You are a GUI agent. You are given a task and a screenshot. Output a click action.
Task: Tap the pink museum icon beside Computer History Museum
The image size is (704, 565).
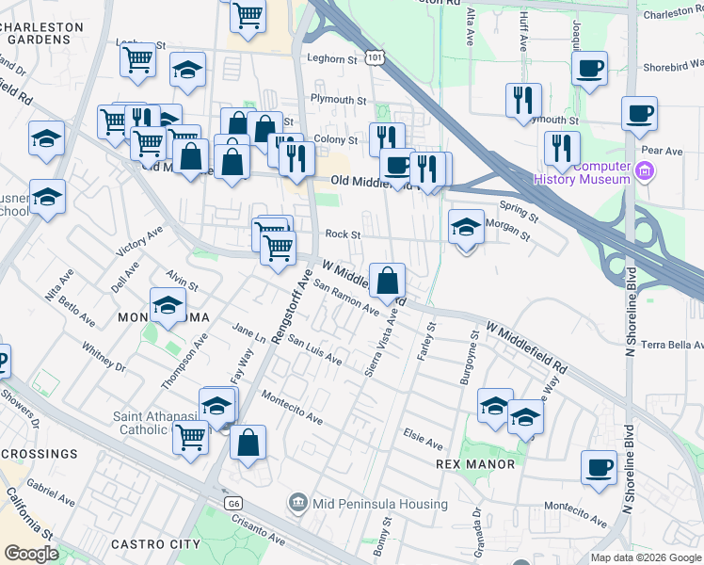(x=645, y=171)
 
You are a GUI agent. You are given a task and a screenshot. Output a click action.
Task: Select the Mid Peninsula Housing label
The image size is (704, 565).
(x=371, y=503)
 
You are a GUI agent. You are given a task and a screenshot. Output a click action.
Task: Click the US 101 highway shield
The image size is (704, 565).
(x=376, y=58)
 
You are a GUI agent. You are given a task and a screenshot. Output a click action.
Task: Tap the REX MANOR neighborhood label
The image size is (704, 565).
(x=475, y=464)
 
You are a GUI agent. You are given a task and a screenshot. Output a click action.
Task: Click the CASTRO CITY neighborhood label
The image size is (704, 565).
(x=155, y=544)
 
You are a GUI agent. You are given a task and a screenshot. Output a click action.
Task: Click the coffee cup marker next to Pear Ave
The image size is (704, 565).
(x=639, y=114)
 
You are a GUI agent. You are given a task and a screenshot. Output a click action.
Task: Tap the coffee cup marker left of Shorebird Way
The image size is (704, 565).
(x=589, y=68)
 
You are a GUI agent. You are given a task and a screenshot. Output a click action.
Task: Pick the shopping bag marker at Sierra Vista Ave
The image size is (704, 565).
(x=387, y=280)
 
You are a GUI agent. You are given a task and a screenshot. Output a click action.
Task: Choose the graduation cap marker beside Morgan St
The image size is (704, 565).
(x=465, y=227)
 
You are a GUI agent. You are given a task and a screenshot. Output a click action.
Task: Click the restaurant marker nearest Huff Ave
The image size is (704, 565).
(x=523, y=100)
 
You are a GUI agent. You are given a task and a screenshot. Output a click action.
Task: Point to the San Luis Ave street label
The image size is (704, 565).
(x=314, y=349)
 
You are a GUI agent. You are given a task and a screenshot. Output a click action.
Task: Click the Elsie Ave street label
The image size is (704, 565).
(x=423, y=440)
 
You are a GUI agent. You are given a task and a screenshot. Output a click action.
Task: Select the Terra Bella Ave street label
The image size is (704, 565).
(x=671, y=345)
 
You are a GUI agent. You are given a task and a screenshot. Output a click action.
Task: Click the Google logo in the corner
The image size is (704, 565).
(x=31, y=553)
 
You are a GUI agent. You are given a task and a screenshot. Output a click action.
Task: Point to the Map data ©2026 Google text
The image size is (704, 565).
(x=645, y=557)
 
